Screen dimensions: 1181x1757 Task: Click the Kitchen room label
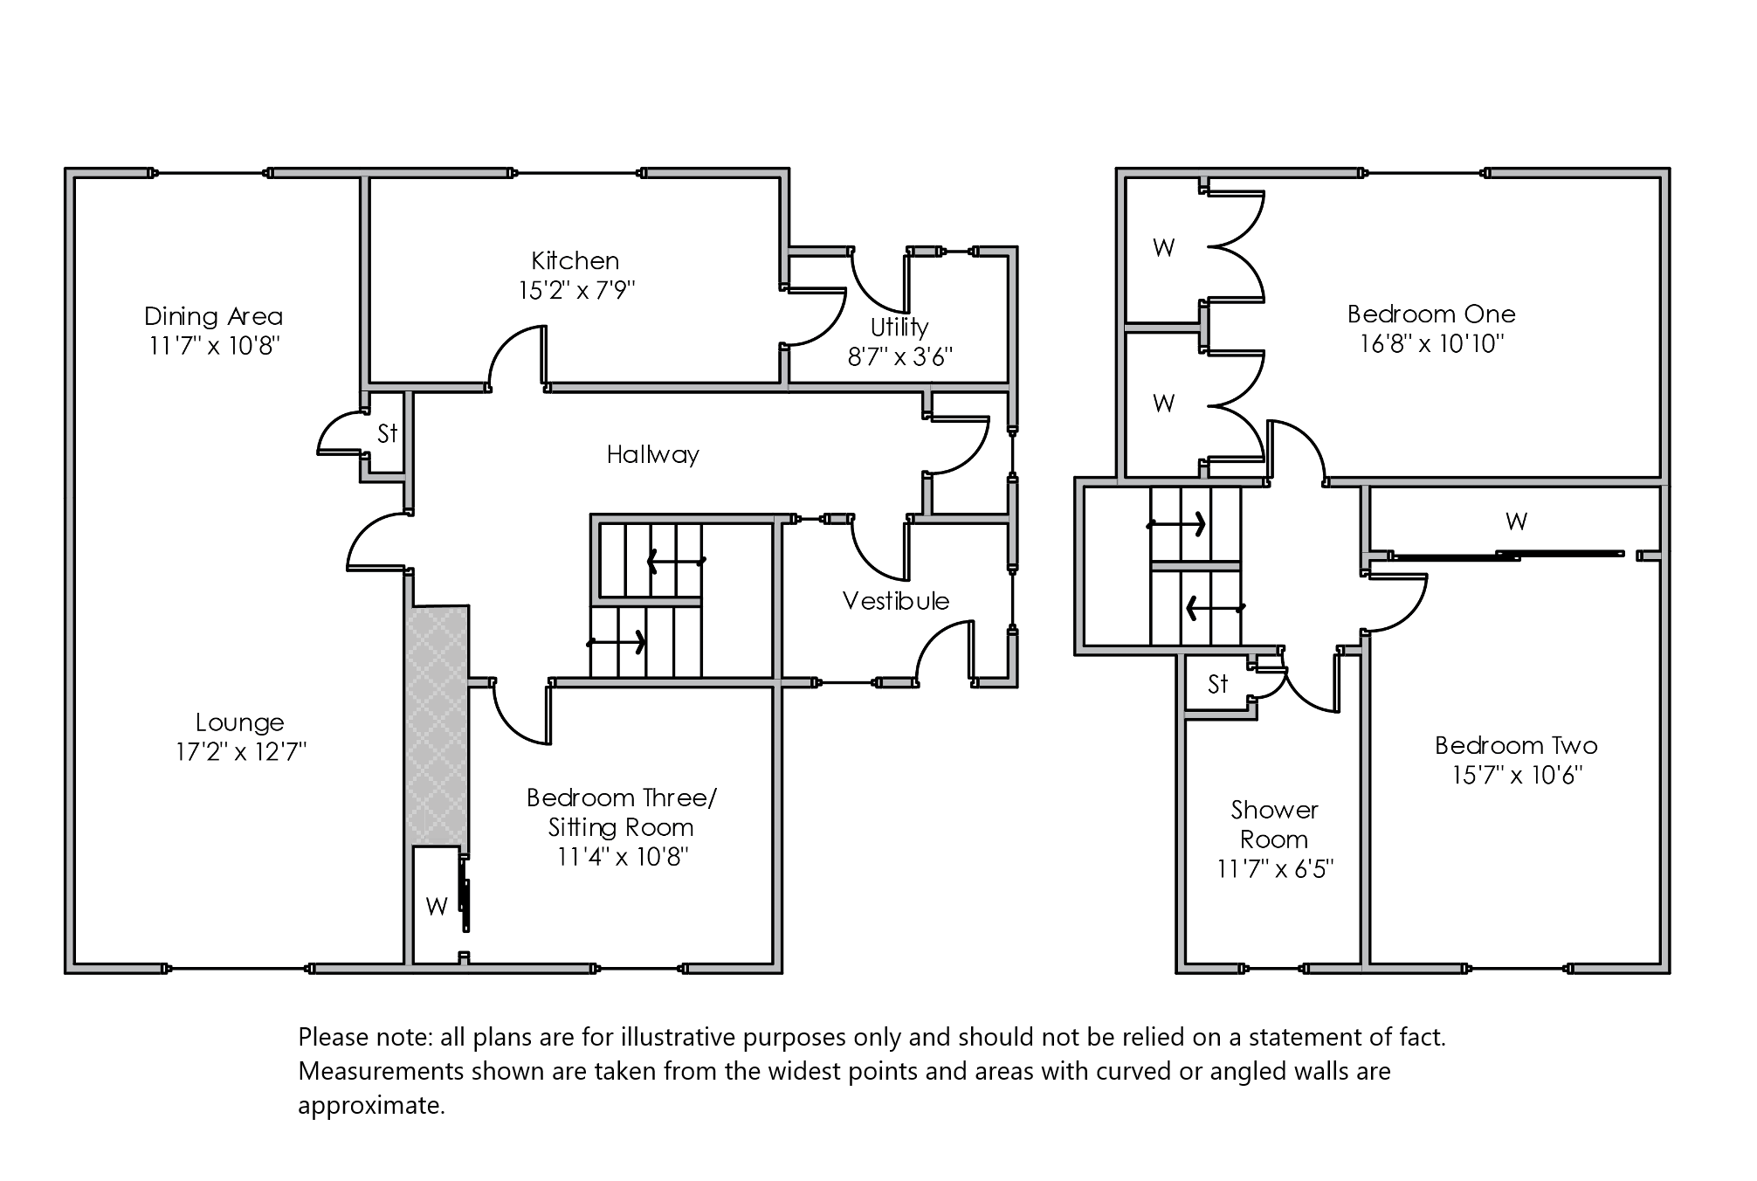(575, 261)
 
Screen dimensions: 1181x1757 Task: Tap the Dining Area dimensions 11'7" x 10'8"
(213, 346)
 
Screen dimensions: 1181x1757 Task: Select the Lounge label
(240, 722)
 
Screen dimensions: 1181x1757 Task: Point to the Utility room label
(899, 328)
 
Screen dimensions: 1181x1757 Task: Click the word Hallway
(652, 454)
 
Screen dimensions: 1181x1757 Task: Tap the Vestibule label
(895, 601)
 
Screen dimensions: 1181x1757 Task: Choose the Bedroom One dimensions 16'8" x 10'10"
(1431, 343)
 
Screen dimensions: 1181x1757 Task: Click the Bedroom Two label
(1516, 745)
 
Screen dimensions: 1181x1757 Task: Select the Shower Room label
(1274, 825)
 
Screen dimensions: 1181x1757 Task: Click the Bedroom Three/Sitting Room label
(621, 812)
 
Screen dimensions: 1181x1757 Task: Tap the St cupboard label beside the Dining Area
(387, 433)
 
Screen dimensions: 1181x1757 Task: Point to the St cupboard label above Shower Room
(1217, 684)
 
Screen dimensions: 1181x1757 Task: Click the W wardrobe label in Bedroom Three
(437, 906)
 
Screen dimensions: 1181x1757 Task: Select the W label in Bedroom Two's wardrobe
(1516, 522)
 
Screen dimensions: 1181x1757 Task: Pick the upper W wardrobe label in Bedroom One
(1163, 248)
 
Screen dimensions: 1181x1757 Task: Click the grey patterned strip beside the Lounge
(437, 725)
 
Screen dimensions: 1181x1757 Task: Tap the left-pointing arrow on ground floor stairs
(676, 561)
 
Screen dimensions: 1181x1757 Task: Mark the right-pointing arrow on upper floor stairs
(1177, 524)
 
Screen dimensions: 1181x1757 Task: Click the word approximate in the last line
(371, 1106)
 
